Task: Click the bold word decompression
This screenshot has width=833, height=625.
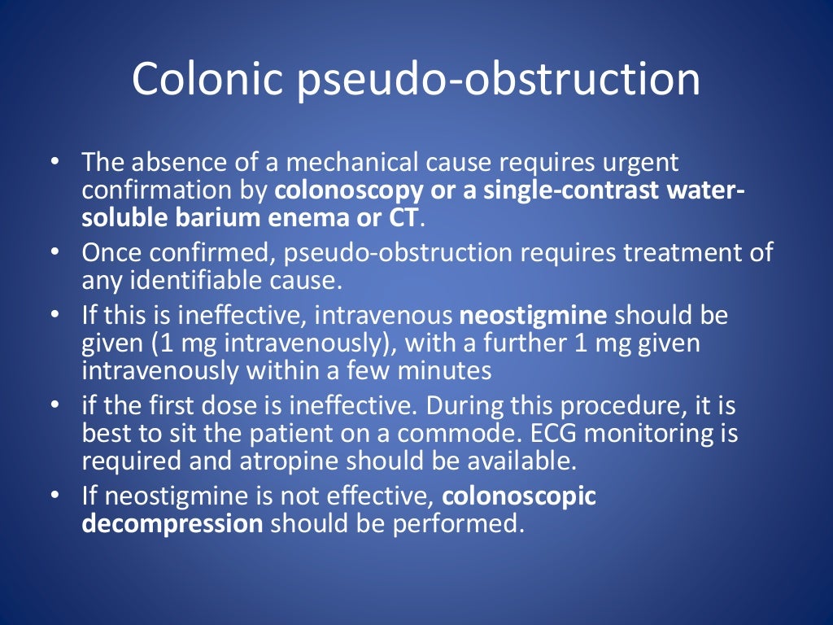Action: (x=172, y=523)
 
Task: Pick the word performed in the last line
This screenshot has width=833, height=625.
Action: (x=454, y=523)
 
